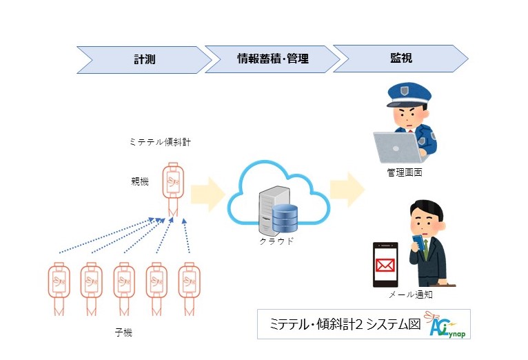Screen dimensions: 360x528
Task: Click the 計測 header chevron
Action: [x=144, y=59]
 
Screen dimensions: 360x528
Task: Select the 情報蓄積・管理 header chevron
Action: [x=272, y=59]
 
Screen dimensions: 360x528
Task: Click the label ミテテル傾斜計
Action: [x=160, y=142]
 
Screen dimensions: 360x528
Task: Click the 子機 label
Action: [x=123, y=332]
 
